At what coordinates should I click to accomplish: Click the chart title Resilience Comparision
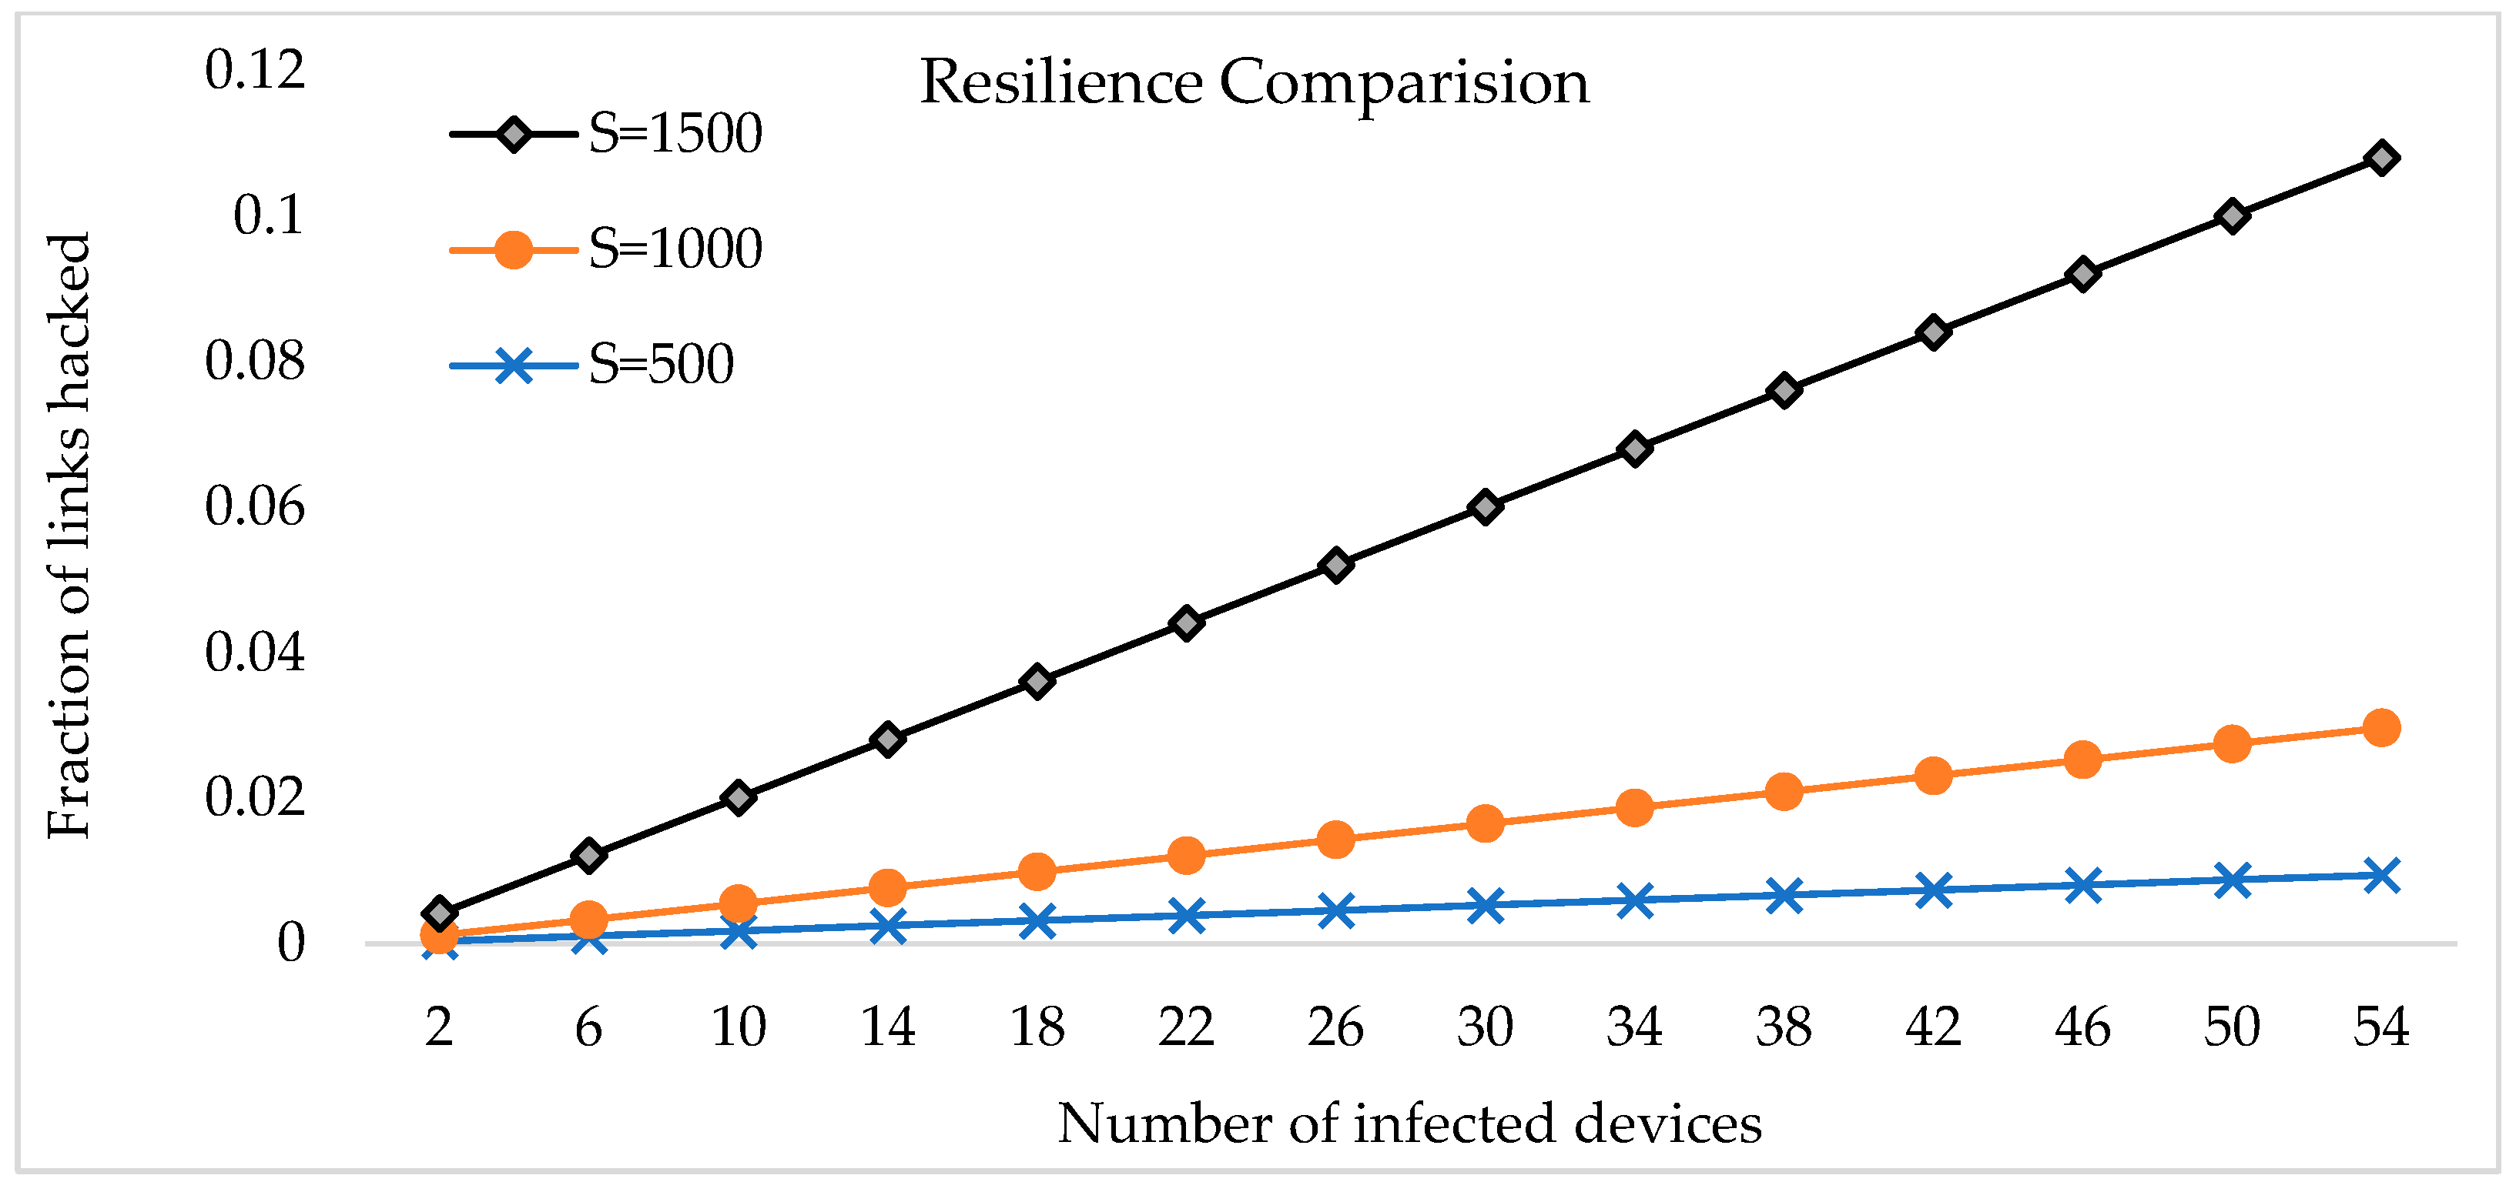1254,82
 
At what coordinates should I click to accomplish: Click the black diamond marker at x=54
2381,159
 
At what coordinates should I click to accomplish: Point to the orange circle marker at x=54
2381,728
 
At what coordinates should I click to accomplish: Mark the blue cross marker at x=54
2381,876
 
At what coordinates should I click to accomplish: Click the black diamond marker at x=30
1485,508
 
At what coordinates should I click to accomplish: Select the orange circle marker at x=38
1784,792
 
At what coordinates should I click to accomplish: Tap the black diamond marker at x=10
739,797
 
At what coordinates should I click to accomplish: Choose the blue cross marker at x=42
1933,890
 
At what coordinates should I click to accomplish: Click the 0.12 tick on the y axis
255,70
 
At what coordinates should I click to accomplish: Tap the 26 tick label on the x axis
1335,1027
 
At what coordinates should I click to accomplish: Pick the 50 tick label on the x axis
2232,1027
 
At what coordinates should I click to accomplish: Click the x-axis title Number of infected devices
1409,1124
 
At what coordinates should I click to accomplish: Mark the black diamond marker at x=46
2082,274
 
